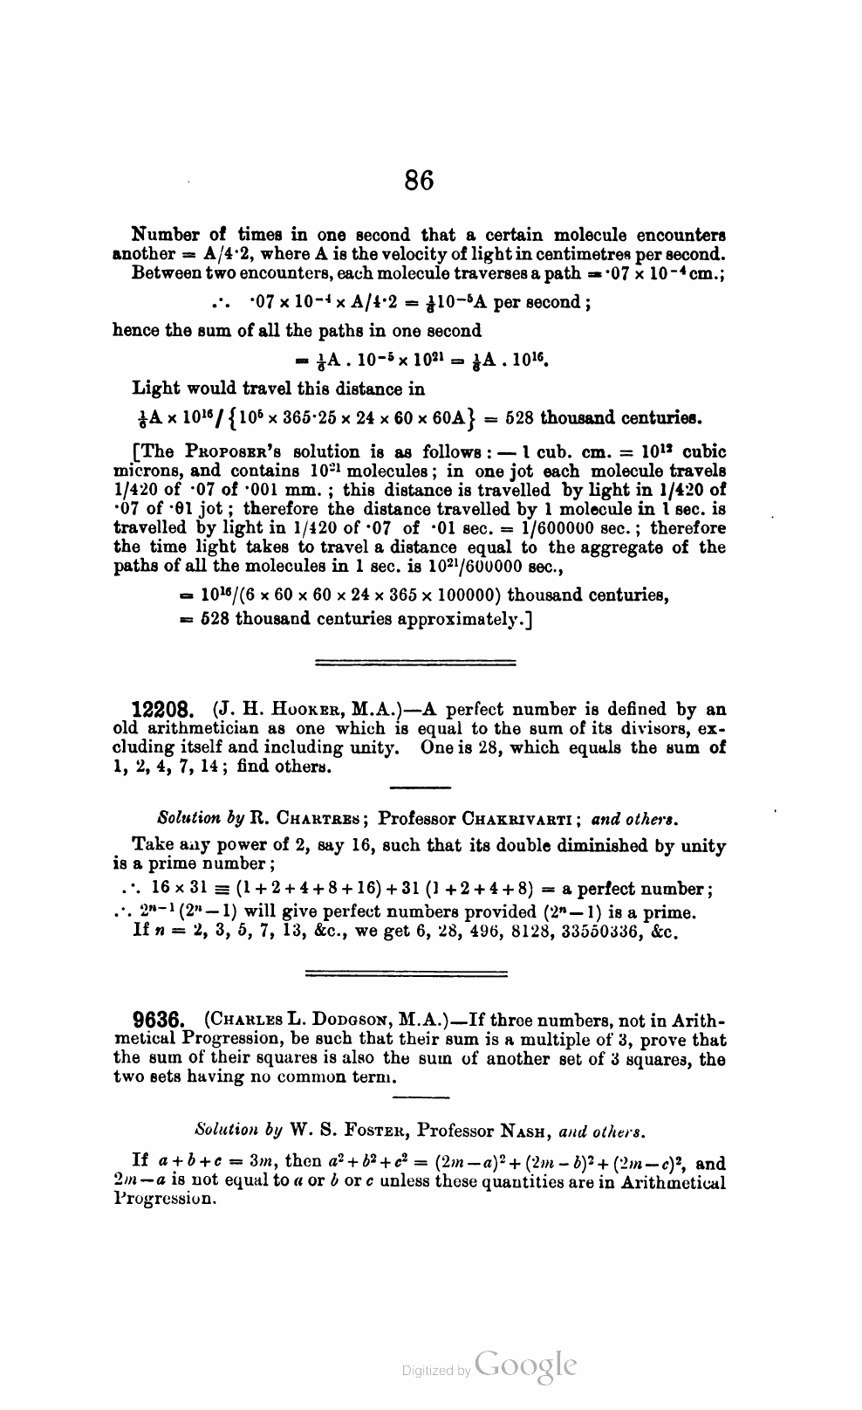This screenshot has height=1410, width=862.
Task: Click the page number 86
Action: (x=419, y=181)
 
